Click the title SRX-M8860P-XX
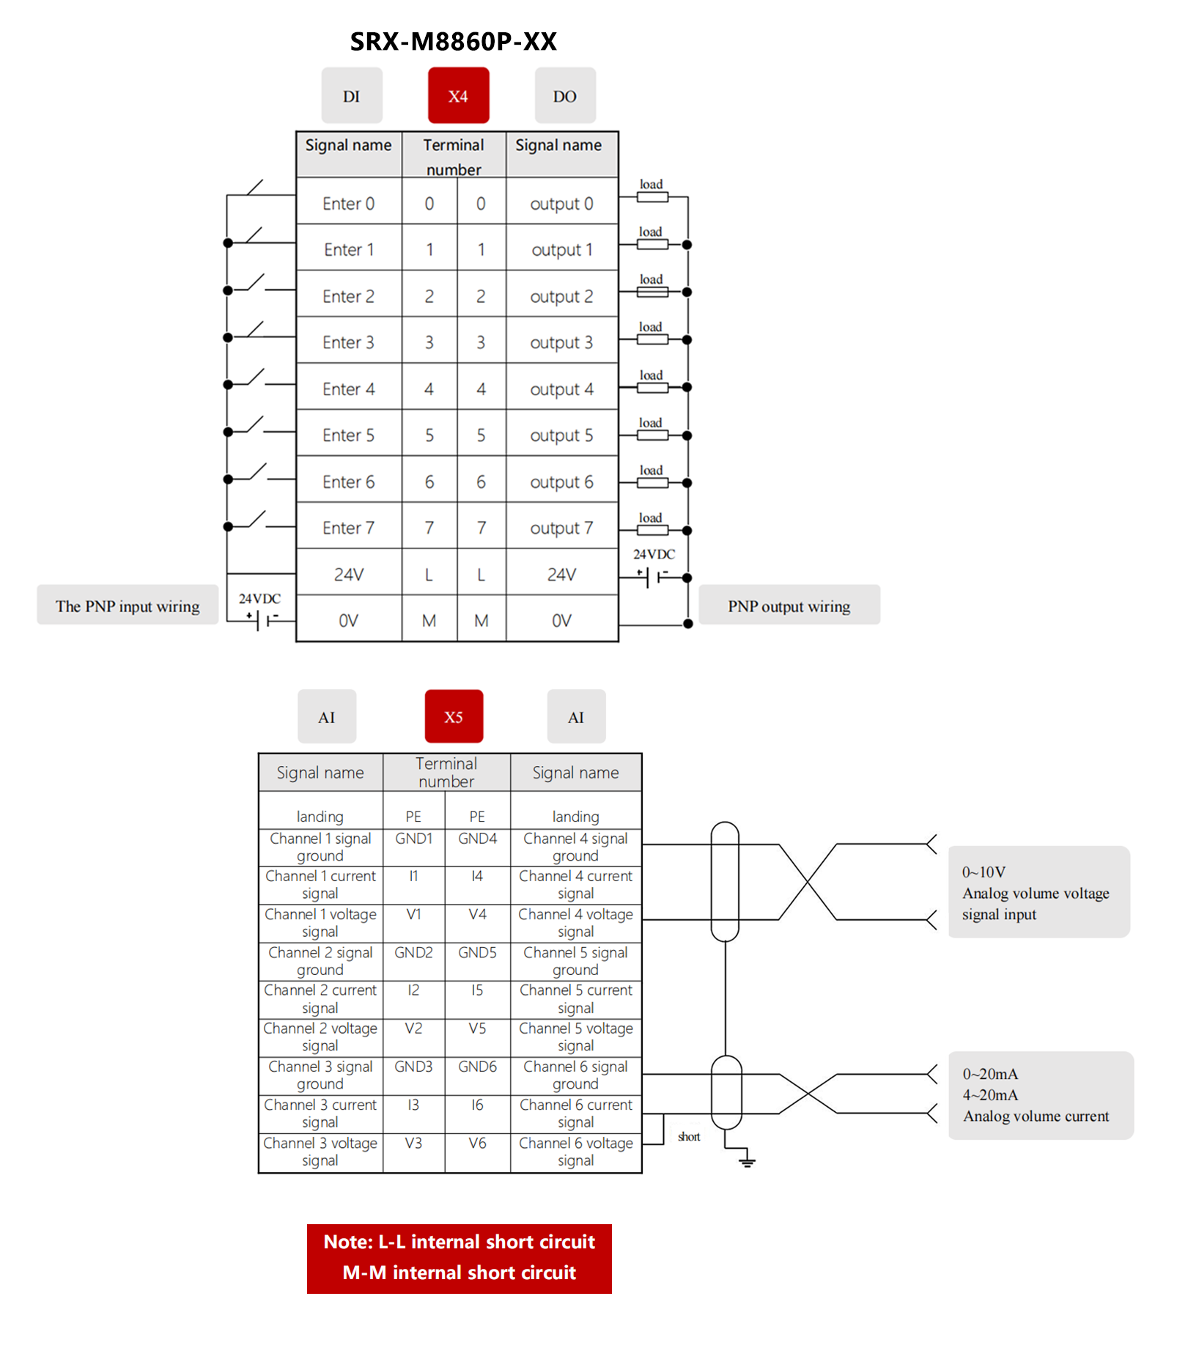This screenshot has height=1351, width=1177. coord(453,42)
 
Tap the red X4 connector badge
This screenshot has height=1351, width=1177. coord(458,96)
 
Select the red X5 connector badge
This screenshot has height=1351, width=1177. coord(454,717)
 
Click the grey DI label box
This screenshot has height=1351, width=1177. coord(352,96)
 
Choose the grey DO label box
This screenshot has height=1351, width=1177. coord(564,96)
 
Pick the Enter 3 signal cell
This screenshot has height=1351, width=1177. coord(348,342)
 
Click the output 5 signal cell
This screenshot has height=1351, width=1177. coord(561,435)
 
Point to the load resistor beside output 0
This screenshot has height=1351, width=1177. coord(652,197)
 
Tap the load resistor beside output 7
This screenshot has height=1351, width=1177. coord(652,530)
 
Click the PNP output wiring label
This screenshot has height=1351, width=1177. coord(789,606)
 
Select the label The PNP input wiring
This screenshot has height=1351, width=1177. coord(128,606)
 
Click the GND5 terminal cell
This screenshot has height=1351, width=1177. coord(477,953)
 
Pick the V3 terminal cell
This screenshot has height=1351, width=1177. coord(413,1144)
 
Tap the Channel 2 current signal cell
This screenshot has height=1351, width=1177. coord(320,999)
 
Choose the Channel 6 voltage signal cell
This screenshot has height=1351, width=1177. coord(575,1152)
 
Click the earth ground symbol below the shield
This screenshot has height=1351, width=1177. coord(747,1161)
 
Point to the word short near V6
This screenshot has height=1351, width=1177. coord(689,1137)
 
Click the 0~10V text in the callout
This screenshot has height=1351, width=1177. coord(984,872)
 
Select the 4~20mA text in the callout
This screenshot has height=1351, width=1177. coord(990,1095)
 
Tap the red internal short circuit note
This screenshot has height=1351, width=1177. coord(459,1258)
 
